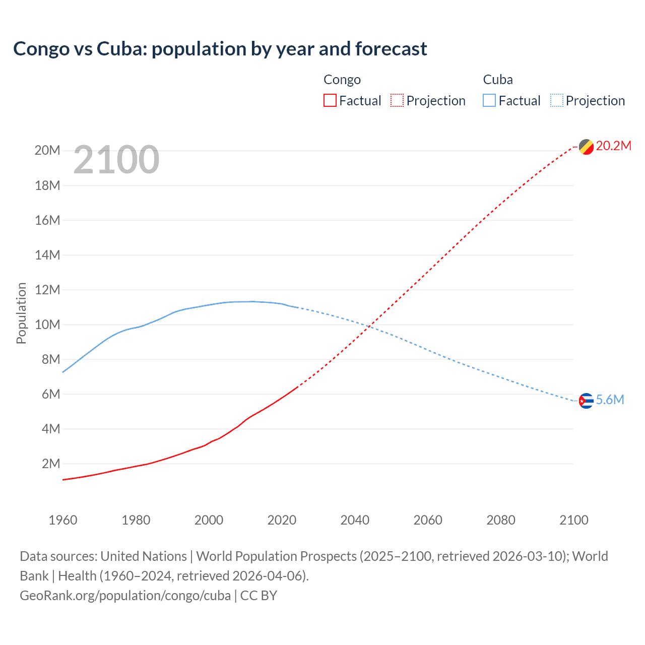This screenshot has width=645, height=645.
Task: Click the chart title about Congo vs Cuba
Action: click(220, 49)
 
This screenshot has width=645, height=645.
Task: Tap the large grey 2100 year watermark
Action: click(116, 160)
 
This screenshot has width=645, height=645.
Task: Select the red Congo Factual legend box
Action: click(330, 100)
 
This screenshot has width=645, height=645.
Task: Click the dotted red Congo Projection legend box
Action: click(397, 100)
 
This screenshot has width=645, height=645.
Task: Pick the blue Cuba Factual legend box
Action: click(489, 100)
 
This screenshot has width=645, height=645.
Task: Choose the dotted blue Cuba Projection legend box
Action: click(557, 100)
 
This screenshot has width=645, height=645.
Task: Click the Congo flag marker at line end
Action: click(586, 147)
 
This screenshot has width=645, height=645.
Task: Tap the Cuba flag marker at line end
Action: click(586, 401)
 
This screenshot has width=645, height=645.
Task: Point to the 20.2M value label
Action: click(613, 146)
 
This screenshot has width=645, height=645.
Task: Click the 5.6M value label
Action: click(610, 400)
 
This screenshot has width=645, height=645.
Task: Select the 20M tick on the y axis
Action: click(47, 150)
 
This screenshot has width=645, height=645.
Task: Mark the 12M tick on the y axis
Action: click(47, 290)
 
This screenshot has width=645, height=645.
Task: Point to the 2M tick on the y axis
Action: click(50, 464)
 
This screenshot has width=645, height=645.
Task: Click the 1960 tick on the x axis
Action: click(63, 520)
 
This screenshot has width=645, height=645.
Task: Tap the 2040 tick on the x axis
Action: click(355, 520)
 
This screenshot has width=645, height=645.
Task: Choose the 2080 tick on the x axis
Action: click(501, 520)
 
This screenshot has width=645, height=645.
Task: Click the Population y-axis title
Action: click(21, 313)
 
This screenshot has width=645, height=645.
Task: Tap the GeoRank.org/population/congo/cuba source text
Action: click(125, 596)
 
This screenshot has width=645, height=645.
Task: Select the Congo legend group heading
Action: click(342, 80)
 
